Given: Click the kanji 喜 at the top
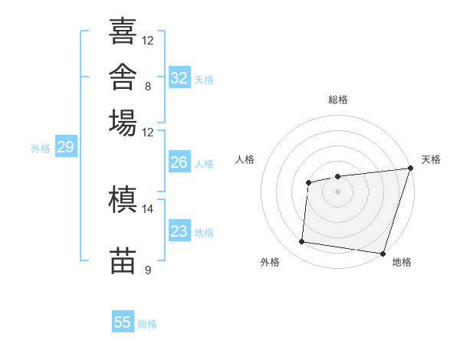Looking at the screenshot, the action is [123, 31].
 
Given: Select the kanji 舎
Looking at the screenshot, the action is [123, 77].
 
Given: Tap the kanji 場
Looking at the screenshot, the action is [123, 123].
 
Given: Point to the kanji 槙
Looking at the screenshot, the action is [123, 199].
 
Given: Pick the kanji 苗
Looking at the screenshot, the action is [123, 260].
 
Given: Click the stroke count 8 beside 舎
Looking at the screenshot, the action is [148, 87].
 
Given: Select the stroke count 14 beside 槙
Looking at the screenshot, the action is [147, 209].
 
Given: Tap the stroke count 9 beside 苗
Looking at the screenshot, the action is [148, 270].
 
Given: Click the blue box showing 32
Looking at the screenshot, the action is [179, 77].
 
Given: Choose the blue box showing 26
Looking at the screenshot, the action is [179, 162].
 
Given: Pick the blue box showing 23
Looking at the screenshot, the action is [179, 230].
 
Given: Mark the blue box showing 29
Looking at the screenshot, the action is [66, 146].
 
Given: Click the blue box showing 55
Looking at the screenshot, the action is [123, 321].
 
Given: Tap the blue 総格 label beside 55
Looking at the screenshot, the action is [147, 324].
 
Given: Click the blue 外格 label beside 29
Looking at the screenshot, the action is [41, 149].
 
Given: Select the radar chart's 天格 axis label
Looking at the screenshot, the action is [431, 159].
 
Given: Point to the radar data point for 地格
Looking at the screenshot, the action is [383, 254].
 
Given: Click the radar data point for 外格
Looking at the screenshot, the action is [301, 241].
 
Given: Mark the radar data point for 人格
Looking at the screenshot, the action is [309, 182].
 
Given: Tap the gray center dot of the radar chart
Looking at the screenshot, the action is [337, 191].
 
